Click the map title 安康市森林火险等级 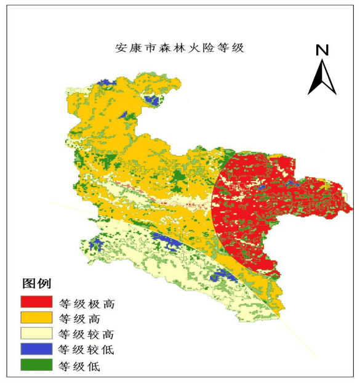click(x=180, y=48)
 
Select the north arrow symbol click(x=322, y=78)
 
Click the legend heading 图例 click(x=36, y=284)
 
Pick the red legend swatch click(x=36, y=302)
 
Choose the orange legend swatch click(x=36, y=318)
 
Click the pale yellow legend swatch click(x=36, y=334)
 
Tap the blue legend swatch click(x=36, y=350)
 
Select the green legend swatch click(x=36, y=366)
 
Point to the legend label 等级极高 click(x=86, y=303)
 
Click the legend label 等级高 click(x=79, y=319)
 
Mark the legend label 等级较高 click(x=86, y=335)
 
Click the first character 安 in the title click(x=121, y=48)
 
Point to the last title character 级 click(x=238, y=48)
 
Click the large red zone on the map click(x=252, y=209)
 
